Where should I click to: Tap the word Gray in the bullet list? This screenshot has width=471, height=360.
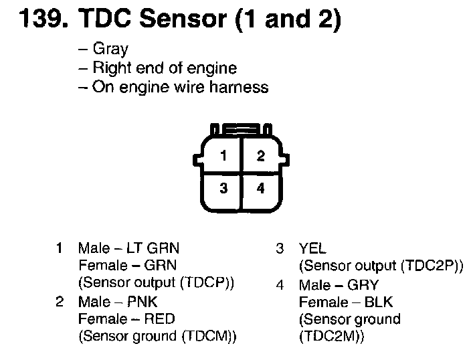[x=111, y=50]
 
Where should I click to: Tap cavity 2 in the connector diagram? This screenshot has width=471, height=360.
[x=260, y=157]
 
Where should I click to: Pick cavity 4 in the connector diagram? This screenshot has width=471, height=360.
[x=260, y=189]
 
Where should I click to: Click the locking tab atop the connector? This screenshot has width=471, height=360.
[x=242, y=128]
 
